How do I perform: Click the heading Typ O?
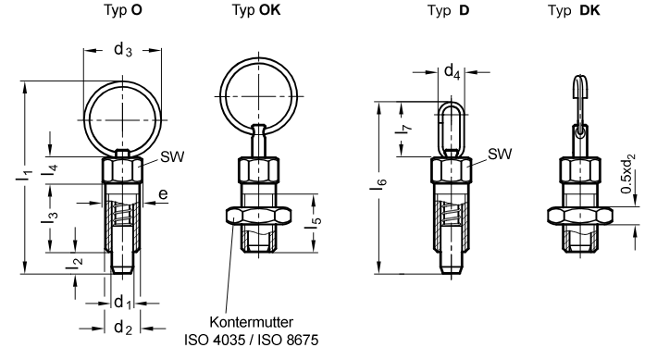click(x=123, y=10)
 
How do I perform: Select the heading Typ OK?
click(x=256, y=10)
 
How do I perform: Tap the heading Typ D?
click(x=449, y=10)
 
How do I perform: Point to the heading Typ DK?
click(x=574, y=10)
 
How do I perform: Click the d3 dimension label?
click(x=123, y=50)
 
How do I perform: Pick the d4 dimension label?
click(x=452, y=71)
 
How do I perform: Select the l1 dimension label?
click(x=24, y=174)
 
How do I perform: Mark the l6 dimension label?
click(x=378, y=183)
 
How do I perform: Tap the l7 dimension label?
click(x=403, y=129)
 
